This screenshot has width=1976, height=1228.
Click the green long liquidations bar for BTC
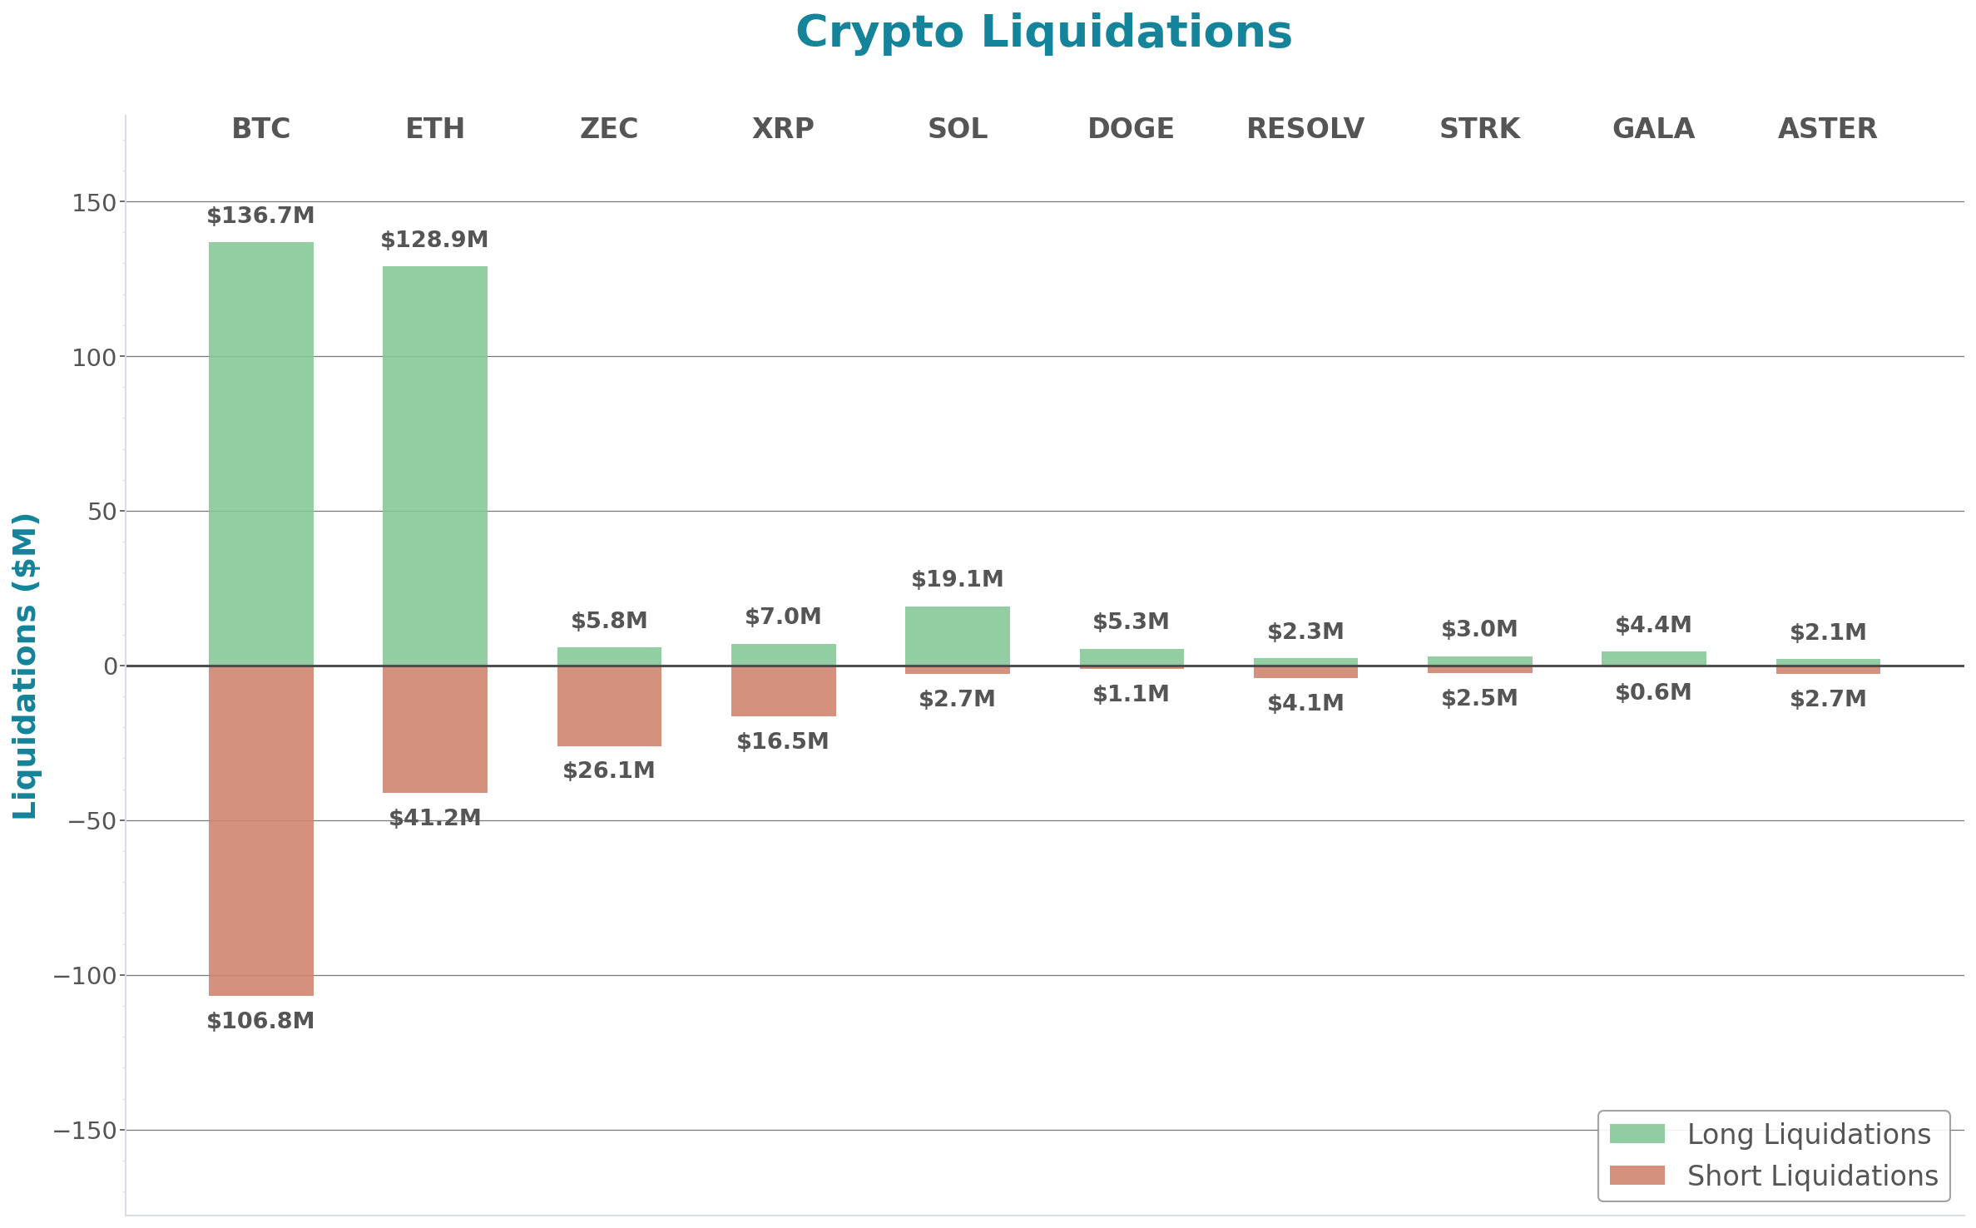pyautogui.click(x=260, y=453)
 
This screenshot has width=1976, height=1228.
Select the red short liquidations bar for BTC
pyautogui.click(x=260, y=830)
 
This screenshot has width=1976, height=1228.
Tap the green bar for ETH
pyautogui.click(x=434, y=466)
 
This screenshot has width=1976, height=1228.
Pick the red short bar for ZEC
pyautogui.click(x=609, y=706)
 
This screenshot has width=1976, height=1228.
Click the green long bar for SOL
pyautogui.click(x=957, y=636)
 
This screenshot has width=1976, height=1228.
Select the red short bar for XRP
pyautogui.click(x=783, y=691)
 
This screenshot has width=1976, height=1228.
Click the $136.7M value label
pyautogui.click(x=260, y=215)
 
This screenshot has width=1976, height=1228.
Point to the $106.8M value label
pyautogui.click(x=260, y=1021)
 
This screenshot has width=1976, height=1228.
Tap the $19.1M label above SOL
pyautogui.click(x=957, y=579)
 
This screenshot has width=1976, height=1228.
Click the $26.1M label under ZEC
pyautogui.click(x=609, y=770)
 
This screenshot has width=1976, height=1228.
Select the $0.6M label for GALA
pyautogui.click(x=1652, y=692)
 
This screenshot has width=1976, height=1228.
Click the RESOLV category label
pyautogui.click(x=1305, y=129)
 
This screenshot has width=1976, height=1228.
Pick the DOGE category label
pyautogui.click(x=1131, y=129)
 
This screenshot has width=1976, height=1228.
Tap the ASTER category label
pyautogui.click(x=1827, y=129)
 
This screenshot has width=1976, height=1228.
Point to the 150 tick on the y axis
pyautogui.click(x=93, y=202)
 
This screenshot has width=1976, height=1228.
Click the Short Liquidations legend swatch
pyautogui.click(x=1637, y=1176)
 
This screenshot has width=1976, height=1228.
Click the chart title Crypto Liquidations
pyautogui.click(x=1043, y=32)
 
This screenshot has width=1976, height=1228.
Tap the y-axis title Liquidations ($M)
pyautogui.click(x=25, y=666)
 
